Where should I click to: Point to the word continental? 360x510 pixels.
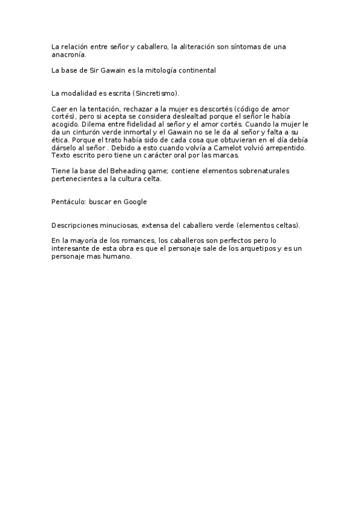click(x=196, y=70)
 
